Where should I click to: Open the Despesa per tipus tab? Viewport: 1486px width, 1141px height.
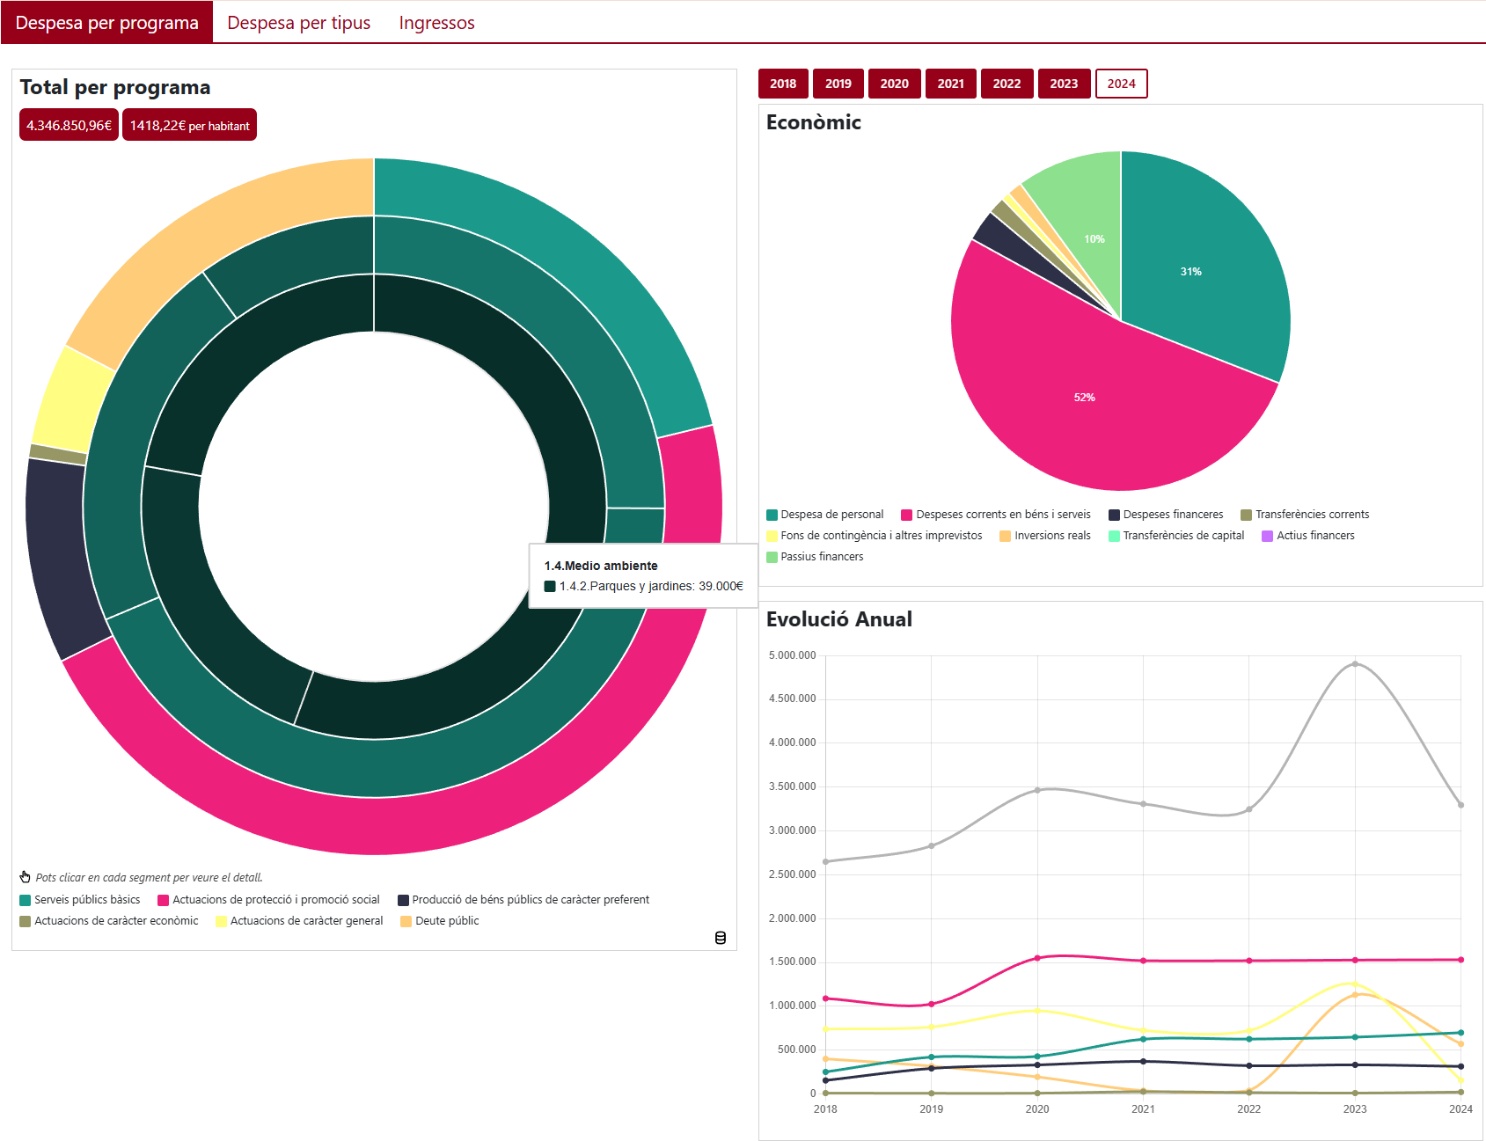[298, 23]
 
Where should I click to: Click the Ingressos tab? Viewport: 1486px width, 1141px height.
[436, 23]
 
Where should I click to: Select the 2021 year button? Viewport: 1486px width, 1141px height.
[950, 84]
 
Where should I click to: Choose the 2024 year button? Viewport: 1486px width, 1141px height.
[1121, 84]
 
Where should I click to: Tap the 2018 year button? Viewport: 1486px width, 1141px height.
[783, 84]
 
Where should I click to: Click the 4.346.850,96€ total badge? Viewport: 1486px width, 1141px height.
[69, 125]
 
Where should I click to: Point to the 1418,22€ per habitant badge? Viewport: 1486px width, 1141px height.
[189, 125]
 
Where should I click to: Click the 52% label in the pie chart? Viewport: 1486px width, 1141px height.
[1084, 398]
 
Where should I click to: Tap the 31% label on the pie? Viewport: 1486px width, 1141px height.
[1190, 272]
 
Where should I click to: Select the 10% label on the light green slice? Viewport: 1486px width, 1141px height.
[1094, 239]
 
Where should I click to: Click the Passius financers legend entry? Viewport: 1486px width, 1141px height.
[815, 557]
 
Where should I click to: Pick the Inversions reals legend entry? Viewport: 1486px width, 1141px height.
[1045, 536]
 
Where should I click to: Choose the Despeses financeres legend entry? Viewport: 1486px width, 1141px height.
[1166, 515]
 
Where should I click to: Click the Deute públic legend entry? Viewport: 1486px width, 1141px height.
[440, 921]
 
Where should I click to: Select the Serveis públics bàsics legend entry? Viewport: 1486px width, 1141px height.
[80, 900]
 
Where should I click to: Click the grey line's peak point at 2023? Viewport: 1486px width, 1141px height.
[1355, 664]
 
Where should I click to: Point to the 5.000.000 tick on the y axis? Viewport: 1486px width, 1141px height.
[792, 655]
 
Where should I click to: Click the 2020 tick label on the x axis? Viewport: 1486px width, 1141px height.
[1037, 1109]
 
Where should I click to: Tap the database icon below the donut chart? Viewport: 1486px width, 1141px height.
[721, 938]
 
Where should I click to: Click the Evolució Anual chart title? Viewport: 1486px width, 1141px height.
[838, 619]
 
